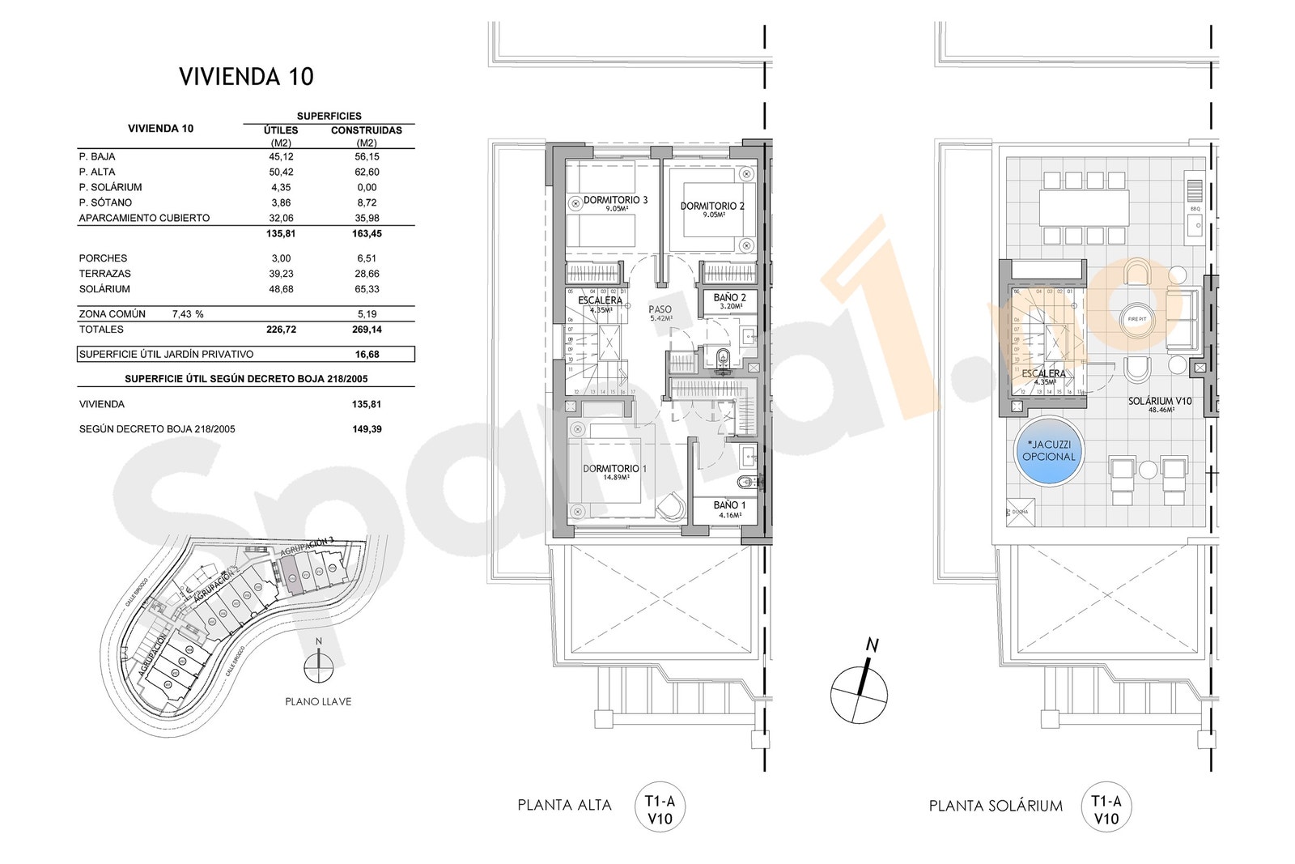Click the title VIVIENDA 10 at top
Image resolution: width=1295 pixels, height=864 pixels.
[x=246, y=77]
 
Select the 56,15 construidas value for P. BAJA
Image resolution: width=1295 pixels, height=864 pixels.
[x=367, y=156]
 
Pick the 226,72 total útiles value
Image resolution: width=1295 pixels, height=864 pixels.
[x=280, y=330]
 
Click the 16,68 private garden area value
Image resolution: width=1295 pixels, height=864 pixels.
[x=367, y=354]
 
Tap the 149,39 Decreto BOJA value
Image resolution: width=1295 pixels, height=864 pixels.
[x=367, y=428]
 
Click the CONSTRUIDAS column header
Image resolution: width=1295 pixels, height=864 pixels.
[x=367, y=130]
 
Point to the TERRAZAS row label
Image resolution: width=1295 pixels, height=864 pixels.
[x=104, y=274]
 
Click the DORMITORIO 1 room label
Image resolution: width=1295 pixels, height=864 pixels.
[x=615, y=469]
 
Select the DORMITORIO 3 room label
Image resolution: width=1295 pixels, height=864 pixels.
[x=616, y=200]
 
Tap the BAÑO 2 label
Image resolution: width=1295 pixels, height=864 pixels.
[x=729, y=298]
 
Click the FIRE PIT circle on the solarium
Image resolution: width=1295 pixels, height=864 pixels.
[x=1137, y=319]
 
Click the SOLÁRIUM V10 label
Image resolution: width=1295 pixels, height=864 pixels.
[x=1161, y=401]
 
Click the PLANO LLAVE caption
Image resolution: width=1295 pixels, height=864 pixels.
[x=318, y=702]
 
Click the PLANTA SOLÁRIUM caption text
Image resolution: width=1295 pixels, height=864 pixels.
[x=996, y=806]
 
